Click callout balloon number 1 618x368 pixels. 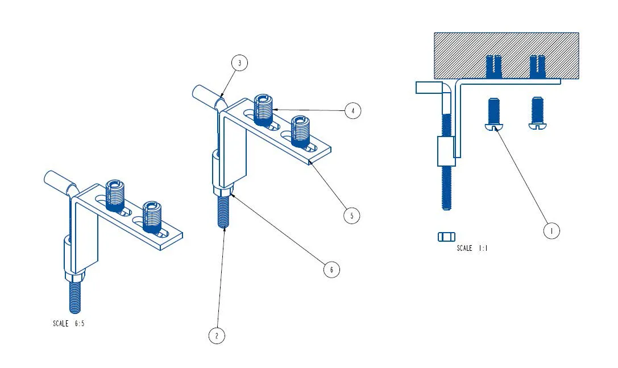pos(551,230)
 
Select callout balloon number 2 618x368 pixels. pos(217,336)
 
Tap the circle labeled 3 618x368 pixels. pos(239,63)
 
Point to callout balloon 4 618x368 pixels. pos(352,111)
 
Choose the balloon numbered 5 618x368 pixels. pos(351,216)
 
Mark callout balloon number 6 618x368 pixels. pos(331,270)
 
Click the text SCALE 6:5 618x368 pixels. pos(69,324)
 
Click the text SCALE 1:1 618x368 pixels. pos(472,248)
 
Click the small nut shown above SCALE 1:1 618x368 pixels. pos(446,237)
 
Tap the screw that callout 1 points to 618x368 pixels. pos(494,114)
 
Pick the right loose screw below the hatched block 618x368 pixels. pos(538,113)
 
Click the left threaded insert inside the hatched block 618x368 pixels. pos(494,67)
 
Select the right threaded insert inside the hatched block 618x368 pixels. pos(537,67)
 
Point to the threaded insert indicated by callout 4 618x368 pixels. pos(263,110)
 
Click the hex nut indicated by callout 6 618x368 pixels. pos(223,191)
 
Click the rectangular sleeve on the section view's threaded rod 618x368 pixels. pos(446,151)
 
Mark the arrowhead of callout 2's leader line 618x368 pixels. pos(223,228)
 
